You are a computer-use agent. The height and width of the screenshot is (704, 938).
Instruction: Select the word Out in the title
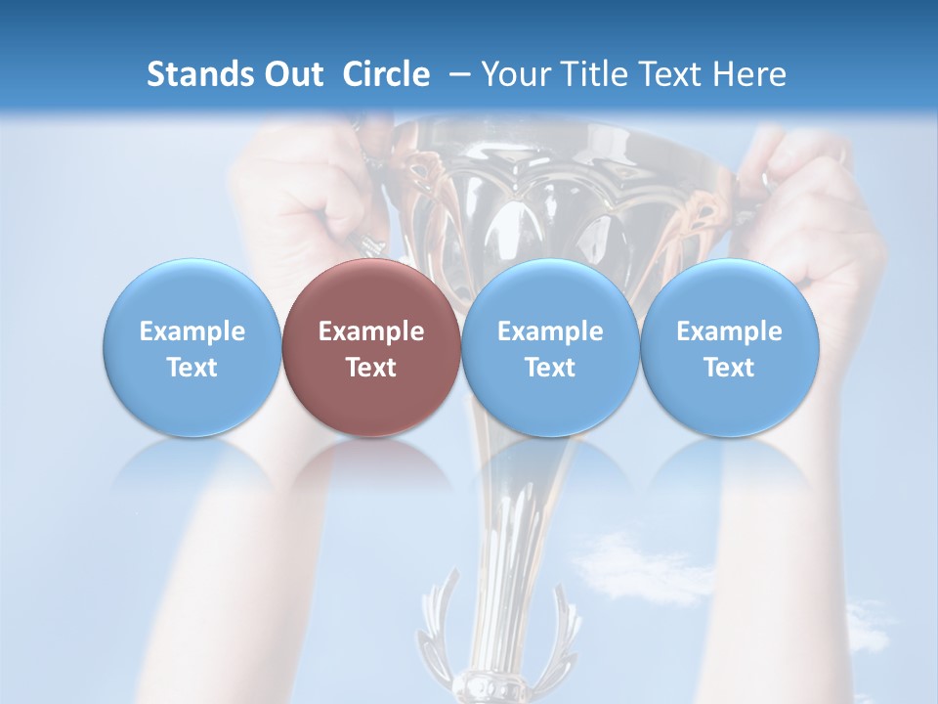[x=291, y=74]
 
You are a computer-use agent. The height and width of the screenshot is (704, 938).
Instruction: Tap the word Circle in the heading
[x=386, y=74]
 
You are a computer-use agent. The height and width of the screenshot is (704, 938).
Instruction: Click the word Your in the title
[x=510, y=74]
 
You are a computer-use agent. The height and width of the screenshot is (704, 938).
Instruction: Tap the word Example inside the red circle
[x=371, y=331]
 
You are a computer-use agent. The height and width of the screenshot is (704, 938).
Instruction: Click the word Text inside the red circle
[x=371, y=368]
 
